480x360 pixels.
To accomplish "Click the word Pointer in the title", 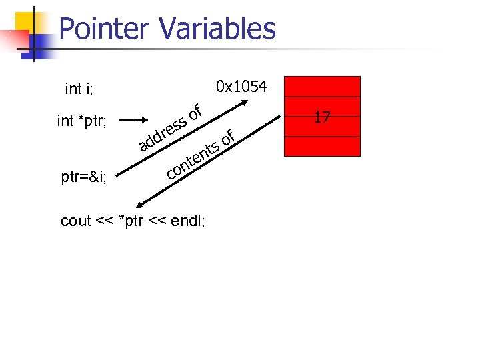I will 103,29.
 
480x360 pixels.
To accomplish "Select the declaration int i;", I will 79,89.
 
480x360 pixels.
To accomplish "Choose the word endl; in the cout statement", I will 188,221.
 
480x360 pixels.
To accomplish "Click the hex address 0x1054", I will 242,87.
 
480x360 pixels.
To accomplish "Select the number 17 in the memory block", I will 323,118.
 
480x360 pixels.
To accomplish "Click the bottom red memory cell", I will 323,146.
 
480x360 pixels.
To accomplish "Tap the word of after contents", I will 228,137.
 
